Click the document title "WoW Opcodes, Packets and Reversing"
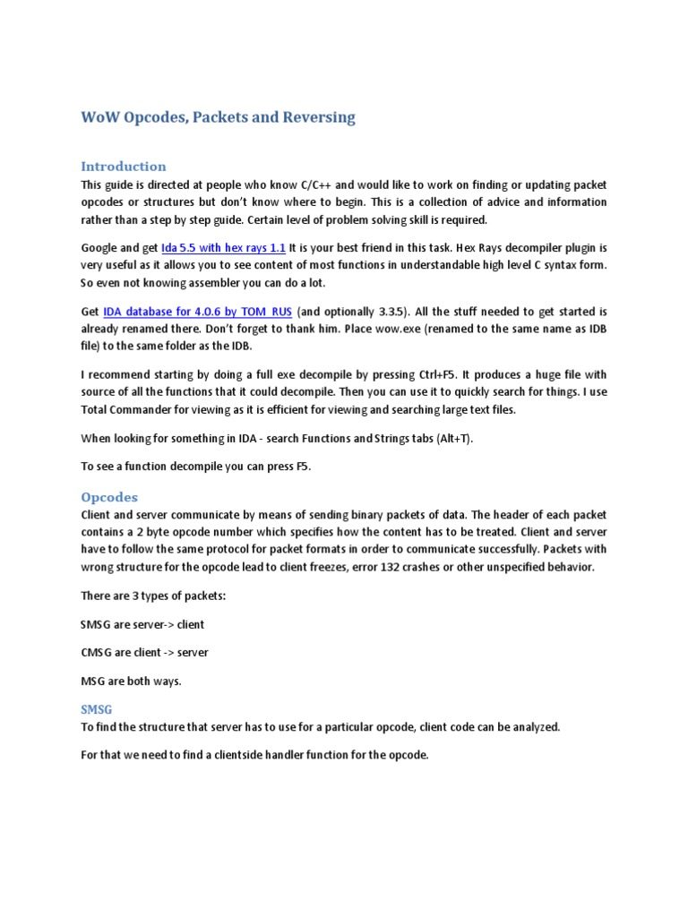(218, 117)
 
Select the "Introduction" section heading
(124, 166)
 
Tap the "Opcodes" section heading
(109, 496)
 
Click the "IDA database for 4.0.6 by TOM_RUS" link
(197, 312)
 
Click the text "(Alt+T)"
(452, 438)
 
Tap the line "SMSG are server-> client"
(148, 623)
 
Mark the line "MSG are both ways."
(131, 681)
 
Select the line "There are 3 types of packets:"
(153, 595)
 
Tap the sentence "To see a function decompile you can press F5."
(195, 467)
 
